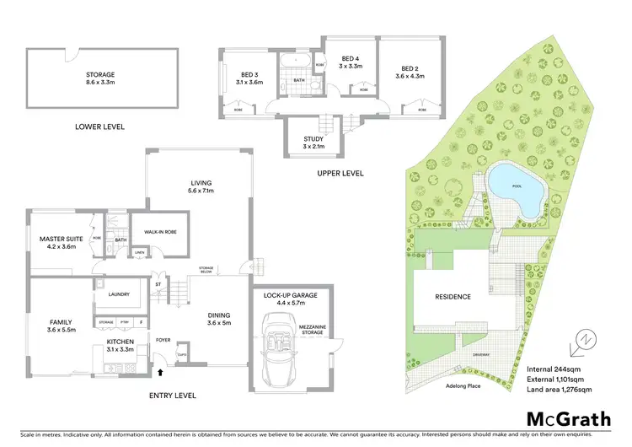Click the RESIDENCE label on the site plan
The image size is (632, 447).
point(453,297)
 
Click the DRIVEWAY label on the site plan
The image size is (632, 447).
point(483,355)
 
